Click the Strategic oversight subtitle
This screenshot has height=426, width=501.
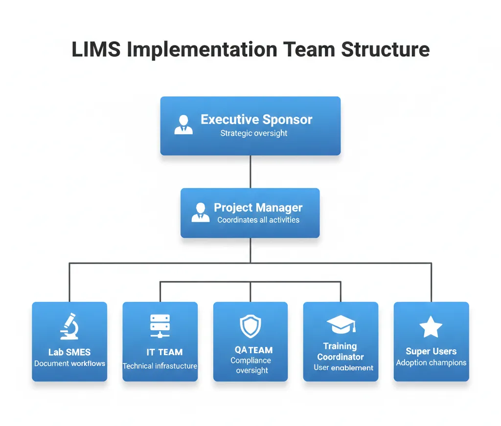254,133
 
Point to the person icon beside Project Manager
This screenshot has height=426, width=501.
200,212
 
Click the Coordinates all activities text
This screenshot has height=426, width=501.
258,220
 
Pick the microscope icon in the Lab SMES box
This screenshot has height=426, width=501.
69,326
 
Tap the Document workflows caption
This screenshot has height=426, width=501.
69,363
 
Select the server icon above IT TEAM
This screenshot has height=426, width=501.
160,326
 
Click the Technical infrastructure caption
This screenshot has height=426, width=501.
160,366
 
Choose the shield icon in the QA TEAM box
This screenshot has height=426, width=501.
250,326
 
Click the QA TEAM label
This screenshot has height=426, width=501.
253,350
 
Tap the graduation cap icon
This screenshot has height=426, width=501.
341,324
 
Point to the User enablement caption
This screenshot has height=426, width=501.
343,367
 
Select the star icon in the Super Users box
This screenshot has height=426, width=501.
431,327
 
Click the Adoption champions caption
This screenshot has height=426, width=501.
431,362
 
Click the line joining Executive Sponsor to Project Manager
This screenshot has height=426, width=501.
250,171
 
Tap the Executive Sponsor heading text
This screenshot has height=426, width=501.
256,120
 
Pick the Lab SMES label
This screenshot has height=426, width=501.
69,352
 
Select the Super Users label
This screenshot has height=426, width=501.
431,351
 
